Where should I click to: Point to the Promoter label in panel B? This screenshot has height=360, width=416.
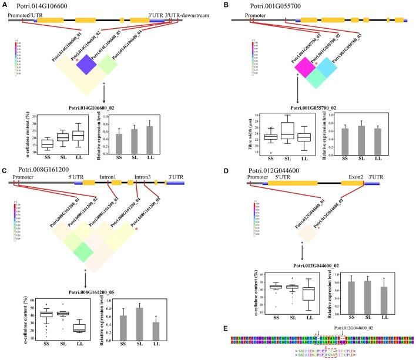pyautogui.click(x=254, y=14)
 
